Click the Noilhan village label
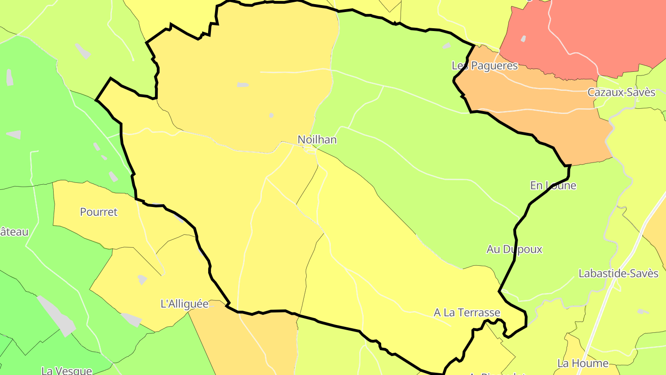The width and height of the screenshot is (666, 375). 317,139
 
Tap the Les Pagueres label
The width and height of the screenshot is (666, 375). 484,66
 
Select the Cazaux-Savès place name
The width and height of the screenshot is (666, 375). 621,92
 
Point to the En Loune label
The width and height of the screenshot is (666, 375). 553,186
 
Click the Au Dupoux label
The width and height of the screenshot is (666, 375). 514,249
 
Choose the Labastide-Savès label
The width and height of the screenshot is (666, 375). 618,273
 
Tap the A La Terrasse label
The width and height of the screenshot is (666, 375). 467,312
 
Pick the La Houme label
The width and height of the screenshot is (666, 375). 582,363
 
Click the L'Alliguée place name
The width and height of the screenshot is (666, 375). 185,304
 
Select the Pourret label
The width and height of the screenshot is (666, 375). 99,212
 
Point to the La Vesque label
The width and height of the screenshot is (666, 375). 67,370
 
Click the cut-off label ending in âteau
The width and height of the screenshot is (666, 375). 14,232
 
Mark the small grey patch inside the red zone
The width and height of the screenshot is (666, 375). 523,38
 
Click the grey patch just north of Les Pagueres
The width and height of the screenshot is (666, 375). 446,46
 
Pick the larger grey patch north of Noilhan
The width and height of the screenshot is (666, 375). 243,85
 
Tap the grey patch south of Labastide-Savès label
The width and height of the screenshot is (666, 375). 642,312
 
